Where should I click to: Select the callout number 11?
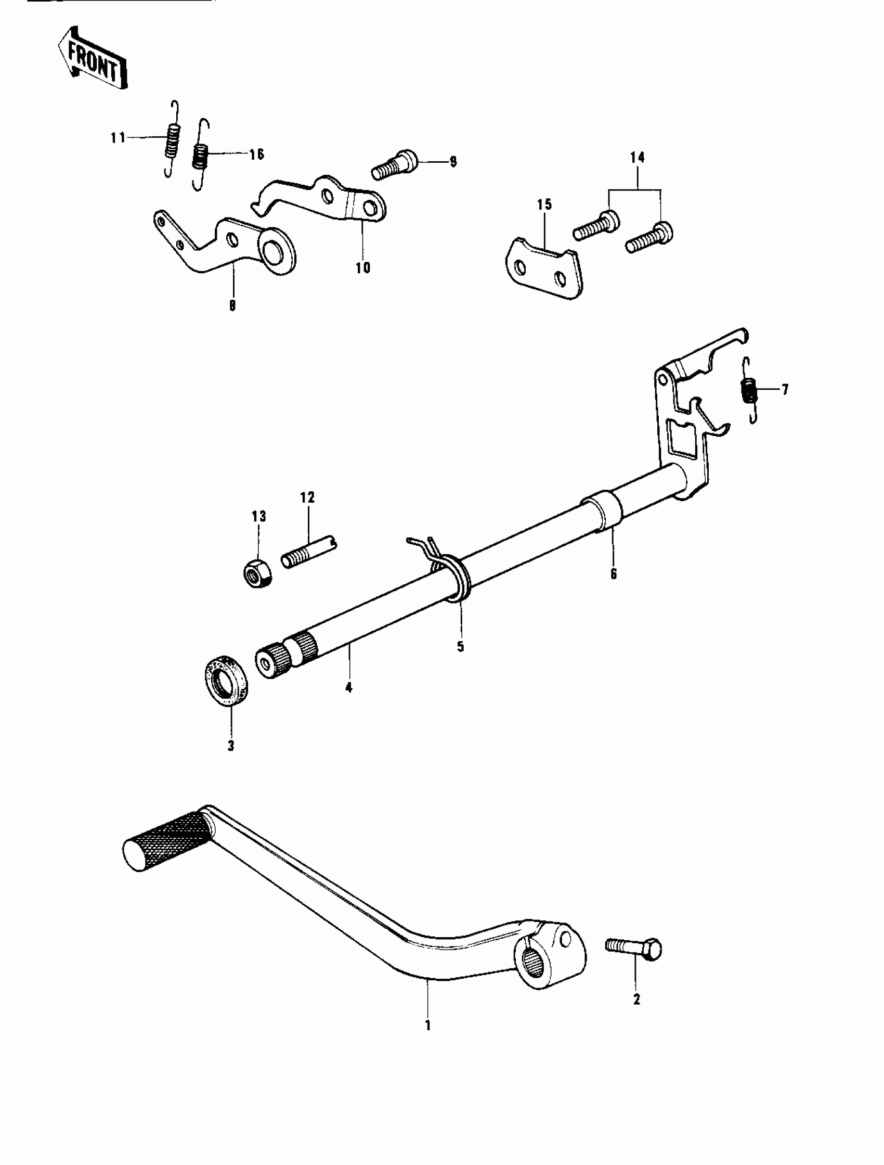(x=118, y=137)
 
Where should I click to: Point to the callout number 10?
(x=363, y=267)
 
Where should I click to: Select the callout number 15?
(x=544, y=204)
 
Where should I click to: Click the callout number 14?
(x=637, y=158)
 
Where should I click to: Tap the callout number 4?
(x=348, y=687)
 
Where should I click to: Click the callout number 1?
(x=427, y=1026)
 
